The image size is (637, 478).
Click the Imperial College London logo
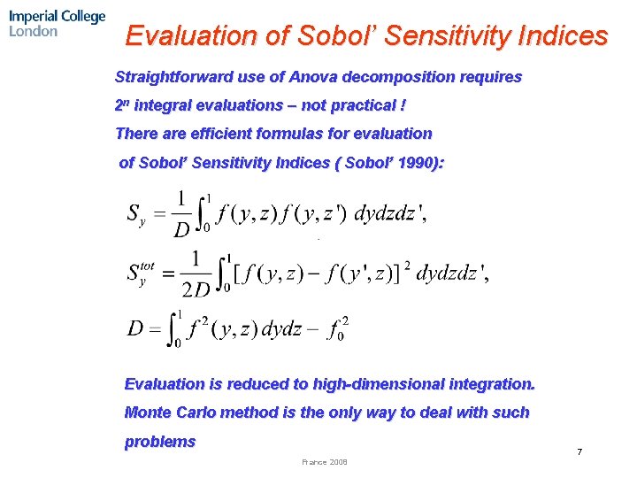(x=58, y=23)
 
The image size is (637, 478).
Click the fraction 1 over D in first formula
(x=180, y=215)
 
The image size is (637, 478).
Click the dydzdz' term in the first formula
(x=390, y=215)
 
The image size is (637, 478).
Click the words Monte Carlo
(x=173, y=412)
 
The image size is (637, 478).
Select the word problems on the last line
(x=160, y=442)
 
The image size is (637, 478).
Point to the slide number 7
(x=579, y=452)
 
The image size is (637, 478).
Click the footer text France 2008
(x=325, y=462)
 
